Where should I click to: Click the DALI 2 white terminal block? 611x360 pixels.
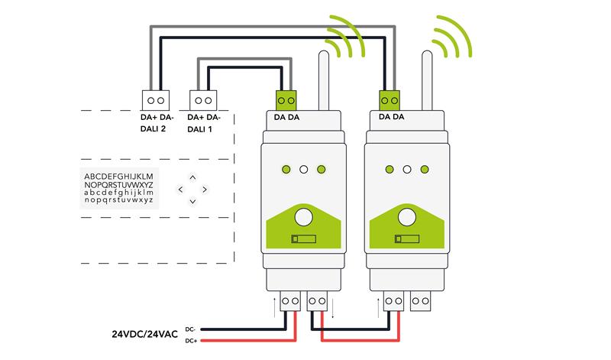pyautogui.click(x=156, y=100)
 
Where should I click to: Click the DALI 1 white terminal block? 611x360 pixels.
pyautogui.click(x=202, y=100)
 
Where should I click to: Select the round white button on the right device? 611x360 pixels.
pyautogui.click(x=407, y=217)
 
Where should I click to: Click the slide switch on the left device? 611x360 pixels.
pyautogui.click(x=302, y=239)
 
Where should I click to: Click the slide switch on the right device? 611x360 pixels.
pyautogui.click(x=406, y=239)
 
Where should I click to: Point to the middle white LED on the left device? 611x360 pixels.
pyautogui.click(x=304, y=169)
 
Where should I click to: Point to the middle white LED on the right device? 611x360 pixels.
pyautogui.click(x=407, y=169)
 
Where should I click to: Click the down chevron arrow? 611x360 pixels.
pyautogui.click(x=192, y=201)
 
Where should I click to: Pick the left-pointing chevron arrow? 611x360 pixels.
pyautogui.click(x=180, y=189)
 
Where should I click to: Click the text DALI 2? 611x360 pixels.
pyautogui.click(x=156, y=129)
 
